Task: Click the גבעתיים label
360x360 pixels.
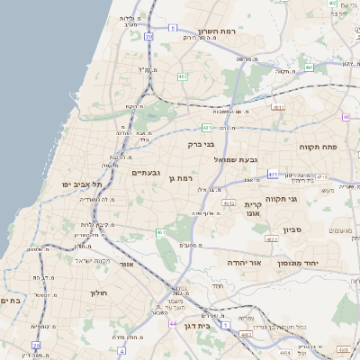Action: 146,172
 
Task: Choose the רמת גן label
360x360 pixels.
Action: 182,179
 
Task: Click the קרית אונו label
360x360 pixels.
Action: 252,210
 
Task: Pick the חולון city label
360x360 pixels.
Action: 98,293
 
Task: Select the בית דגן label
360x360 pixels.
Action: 195,327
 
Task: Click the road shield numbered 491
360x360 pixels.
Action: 308,67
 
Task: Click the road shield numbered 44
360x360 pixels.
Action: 172,323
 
